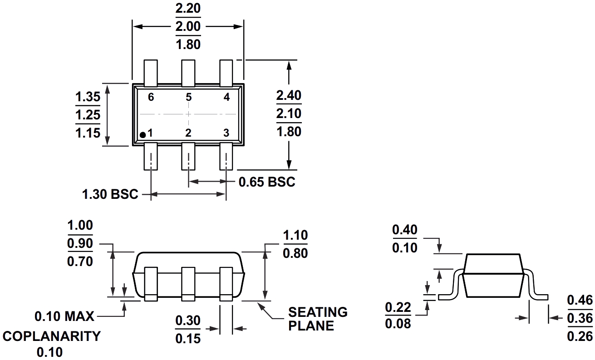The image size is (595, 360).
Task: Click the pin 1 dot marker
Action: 143,134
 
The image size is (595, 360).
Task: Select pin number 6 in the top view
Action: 151,97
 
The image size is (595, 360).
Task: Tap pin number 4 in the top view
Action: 226,97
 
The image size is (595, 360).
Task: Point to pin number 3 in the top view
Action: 226,133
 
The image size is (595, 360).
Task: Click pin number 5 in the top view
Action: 188,97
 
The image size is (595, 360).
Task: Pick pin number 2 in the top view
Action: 188,133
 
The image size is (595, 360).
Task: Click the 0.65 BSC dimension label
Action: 267,182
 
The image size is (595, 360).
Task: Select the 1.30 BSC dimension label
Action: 110,195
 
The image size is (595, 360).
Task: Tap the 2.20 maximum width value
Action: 188,9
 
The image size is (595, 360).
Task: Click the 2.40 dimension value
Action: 289,96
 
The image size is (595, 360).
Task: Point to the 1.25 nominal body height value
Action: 88,115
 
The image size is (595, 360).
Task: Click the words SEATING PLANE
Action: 318,319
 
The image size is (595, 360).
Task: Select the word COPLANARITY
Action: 51,336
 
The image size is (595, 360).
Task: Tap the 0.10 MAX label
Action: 64,316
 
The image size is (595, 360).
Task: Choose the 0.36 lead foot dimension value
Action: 580,318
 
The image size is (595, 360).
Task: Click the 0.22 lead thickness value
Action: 398,307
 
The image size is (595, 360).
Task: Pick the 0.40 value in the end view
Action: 405,230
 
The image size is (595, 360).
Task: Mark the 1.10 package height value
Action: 295,235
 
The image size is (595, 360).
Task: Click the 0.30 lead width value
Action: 188,321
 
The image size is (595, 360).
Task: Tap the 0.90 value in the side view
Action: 80,244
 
